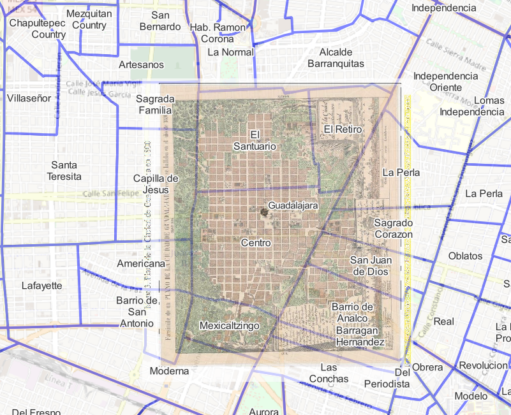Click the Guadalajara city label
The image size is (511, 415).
click(x=293, y=207)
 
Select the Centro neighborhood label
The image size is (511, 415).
click(x=256, y=243)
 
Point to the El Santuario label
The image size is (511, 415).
click(x=255, y=140)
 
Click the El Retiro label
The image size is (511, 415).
click(x=343, y=129)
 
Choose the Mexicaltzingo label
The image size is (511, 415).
click(x=229, y=326)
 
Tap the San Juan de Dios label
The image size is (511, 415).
click(x=371, y=265)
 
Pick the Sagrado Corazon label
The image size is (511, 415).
click(x=393, y=229)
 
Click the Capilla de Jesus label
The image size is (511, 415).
click(x=156, y=184)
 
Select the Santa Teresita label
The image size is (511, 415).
click(x=66, y=170)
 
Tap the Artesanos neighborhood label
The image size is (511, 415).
click(x=141, y=65)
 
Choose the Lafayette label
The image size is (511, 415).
click(x=41, y=286)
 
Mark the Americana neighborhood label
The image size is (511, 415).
click(x=141, y=263)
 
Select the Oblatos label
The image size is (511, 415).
click(x=465, y=256)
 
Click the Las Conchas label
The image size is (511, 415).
click(x=334, y=373)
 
